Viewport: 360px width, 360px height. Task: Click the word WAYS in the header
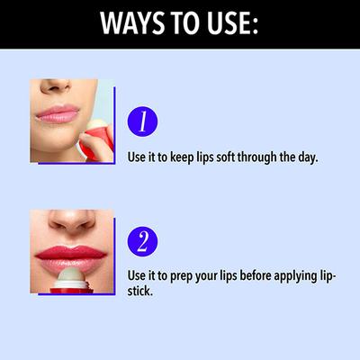132,23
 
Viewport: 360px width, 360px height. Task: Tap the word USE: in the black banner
233,23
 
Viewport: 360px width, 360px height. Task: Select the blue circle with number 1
142,121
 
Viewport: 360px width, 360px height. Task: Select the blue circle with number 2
142,241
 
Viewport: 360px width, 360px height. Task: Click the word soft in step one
226,157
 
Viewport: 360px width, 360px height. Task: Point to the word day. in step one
308,157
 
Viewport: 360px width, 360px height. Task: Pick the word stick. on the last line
140,291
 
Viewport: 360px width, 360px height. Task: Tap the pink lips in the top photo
57,114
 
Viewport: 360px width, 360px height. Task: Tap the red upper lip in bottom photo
71,252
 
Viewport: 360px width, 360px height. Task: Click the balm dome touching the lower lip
71,275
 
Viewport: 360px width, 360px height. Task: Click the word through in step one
257,157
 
